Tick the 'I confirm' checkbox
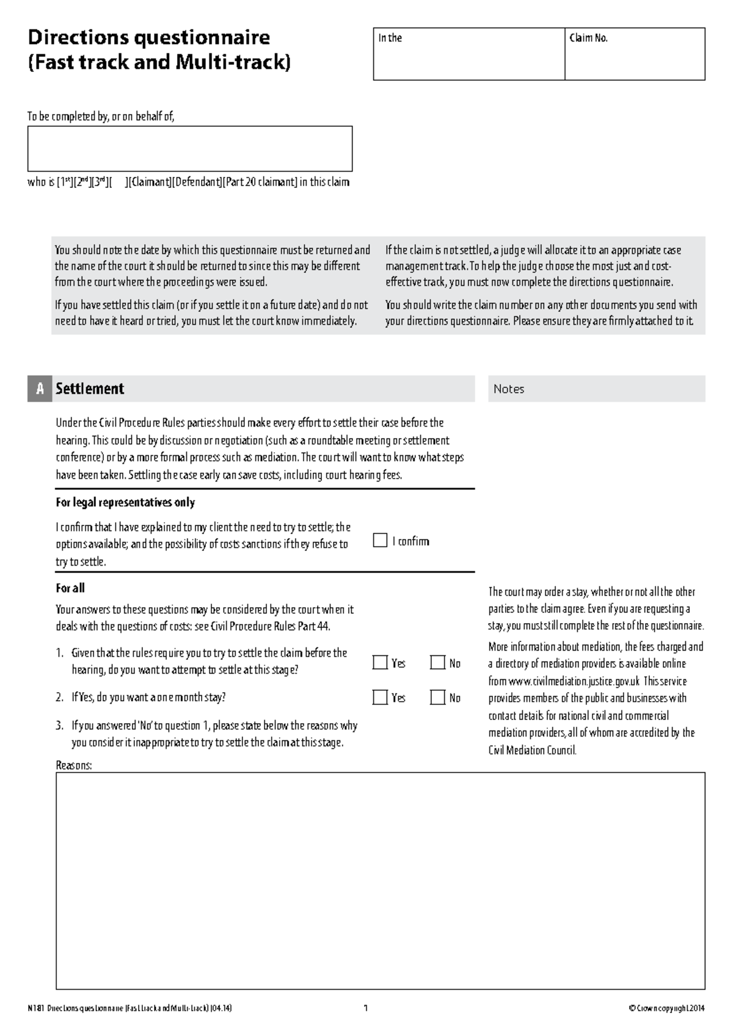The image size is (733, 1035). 380,541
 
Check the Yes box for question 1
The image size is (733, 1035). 380,663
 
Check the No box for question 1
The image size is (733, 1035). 437,663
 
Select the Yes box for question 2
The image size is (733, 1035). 380,698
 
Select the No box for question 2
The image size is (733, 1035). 437,698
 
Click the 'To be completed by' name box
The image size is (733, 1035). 189,149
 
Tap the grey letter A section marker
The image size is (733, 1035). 40,389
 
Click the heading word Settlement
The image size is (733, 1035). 90,389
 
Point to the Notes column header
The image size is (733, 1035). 509,389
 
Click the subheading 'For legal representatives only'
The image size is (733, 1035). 125,502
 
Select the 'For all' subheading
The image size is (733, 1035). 70,588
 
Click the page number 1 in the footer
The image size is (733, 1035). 365,1008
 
